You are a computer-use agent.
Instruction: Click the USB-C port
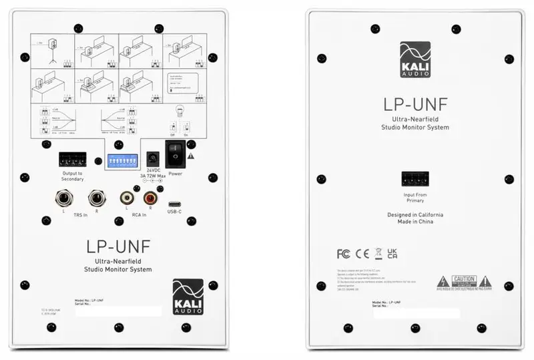click(x=174, y=204)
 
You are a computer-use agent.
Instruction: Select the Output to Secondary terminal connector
click(x=72, y=160)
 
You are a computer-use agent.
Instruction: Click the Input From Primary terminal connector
click(x=415, y=179)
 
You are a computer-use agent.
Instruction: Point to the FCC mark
click(x=343, y=254)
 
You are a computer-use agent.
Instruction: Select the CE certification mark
click(x=362, y=254)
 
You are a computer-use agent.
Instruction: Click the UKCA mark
click(x=393, y=253)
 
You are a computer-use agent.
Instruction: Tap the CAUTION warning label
click(x=464, y=280)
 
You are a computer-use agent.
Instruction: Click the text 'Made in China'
click(x=415, y=222)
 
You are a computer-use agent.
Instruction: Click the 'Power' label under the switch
click(x=176, y=174)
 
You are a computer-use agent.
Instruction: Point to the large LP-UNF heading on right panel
click(x=415, y=104)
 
